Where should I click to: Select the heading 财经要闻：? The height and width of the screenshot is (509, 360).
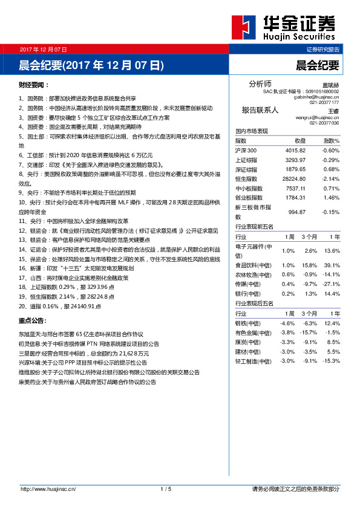click(34, 85)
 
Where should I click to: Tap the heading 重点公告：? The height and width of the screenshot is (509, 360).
click(34, 321)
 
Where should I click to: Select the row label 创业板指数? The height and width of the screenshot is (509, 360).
click(249, 197)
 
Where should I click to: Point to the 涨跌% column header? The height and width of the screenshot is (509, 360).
click(330, 140)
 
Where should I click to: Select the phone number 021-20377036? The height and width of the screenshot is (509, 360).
click(324, 123)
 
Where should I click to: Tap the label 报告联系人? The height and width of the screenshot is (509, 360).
click(260, 110)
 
